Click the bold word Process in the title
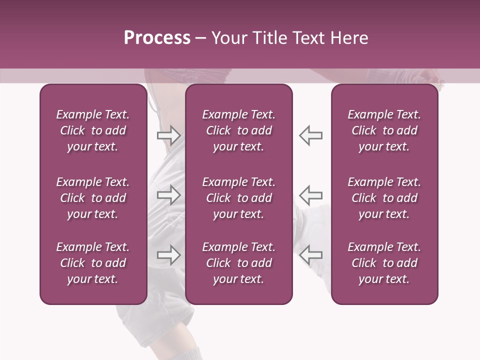click(157, 38)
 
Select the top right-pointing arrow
click(168, 135)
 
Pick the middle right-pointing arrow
click(168, 195)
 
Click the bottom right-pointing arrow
click(168, 255)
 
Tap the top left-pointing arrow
click(310, 135)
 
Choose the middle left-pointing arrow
click(310, 195)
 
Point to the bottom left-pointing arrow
click(310, 255)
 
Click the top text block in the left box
click(93, 130)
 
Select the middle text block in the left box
click(93, 198)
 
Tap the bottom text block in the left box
click(93, 263)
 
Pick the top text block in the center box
click(239, 130)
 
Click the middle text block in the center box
click(239, 198)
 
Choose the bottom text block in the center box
click(239, 263)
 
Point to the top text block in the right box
click(384, 130)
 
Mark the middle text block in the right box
click(384, 198)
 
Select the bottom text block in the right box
click(384, 263)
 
